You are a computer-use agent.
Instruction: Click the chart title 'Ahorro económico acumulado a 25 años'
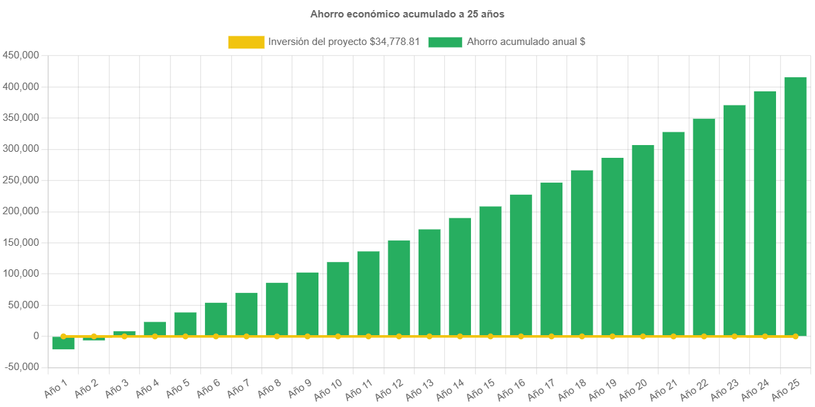coord(407,13)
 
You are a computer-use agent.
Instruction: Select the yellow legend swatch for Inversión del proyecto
coord(246,42)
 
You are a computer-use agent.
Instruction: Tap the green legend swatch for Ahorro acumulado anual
coord(445,42)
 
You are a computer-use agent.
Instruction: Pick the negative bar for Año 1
coord(63,343)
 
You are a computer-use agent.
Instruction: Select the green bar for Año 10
coord(338,299)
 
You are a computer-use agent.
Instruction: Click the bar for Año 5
coord(185,324)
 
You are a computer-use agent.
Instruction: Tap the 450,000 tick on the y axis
coord(21,55)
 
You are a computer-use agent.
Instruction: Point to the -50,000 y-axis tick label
coord(22,367)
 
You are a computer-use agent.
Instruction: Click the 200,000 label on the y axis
coord(21,211)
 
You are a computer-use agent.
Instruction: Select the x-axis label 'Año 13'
coord(419,390)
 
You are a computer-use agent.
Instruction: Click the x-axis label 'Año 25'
coord(784,390)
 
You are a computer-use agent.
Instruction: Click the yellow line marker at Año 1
coord(63,336)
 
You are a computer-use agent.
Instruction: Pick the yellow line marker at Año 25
coord(796,336)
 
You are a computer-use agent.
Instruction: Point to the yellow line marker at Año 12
coord(399,336)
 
